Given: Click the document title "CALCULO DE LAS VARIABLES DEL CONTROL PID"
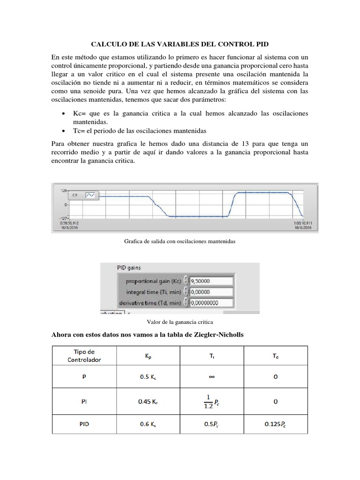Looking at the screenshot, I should pyautogui.click(x=180, y=44).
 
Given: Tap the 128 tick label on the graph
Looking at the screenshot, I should pyautogui.click(x=64, y=191).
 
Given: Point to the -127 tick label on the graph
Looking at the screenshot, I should pyautogui.click(x=63, y=217).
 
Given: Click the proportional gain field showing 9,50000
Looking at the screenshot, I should pyautogui.click(x=211, y=281).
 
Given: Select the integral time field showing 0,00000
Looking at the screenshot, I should pyautogui.click(x=211, y=292).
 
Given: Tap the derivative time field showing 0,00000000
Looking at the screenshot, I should pyautogui.click(x=211, y=303).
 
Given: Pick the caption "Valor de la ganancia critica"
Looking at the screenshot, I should pyautogui.click(x=180, y=322).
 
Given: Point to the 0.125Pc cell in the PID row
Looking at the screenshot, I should pyautogui.click(x=276, y=425).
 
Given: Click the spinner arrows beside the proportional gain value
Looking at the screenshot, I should pyautogui.click(x=187, y=281).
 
